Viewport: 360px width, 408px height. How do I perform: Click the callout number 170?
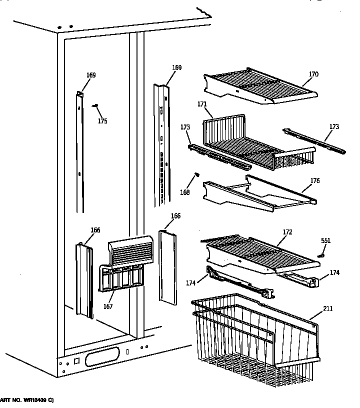(x=313, y=75)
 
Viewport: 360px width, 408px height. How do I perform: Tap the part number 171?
(x=202, y=104)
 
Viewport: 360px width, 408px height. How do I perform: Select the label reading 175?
(x=102, y=121)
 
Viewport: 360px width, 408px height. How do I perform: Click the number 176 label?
(x=315, y=181)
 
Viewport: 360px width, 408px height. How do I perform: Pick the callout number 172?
(x=287, y=232)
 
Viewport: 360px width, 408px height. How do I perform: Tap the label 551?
(x=325, y=240)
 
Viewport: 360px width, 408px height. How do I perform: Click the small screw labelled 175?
(x=95, y=105)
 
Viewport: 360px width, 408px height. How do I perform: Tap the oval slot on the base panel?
(x=102, y=358)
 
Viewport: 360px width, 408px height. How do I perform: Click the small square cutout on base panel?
(x=76, y=360)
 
